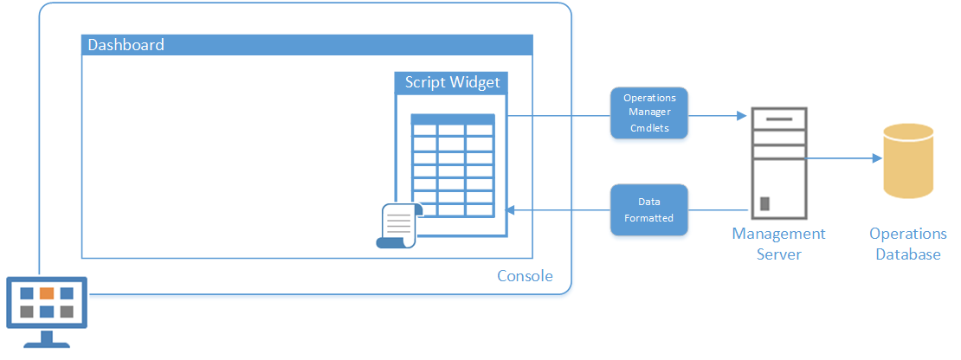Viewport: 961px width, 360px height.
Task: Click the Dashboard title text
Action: click(x=126, y=45)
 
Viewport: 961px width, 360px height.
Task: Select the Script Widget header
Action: click(x=451, y=83)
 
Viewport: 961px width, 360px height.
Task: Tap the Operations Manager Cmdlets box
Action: click(x=649, y=113)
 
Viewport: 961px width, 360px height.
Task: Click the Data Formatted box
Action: click(x=649, y=210)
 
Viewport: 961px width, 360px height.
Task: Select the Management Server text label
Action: click(x=779, y=244)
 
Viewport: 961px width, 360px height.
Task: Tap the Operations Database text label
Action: click(x=907, y=244)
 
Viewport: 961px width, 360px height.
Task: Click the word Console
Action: click(x=525, y=276)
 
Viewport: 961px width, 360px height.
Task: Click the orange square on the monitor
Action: click(x=47, y=293)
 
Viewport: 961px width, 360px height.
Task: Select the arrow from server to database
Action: click(x=843, y=158)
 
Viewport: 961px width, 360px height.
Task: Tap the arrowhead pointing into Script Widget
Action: click(x=509, y=210)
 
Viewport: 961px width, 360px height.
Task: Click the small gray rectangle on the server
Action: click(x=764, y=203)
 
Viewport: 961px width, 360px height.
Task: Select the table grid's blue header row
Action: click(x=452, y=119)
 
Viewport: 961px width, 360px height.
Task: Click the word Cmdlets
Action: click(x=649, y=129)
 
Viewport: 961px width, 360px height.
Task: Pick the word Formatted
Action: click(x=649, y=218)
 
